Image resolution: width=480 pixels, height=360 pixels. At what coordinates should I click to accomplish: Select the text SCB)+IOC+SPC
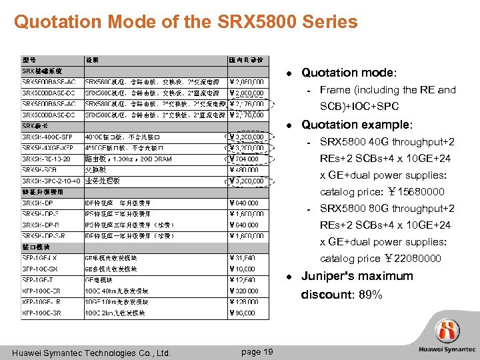point(359,107)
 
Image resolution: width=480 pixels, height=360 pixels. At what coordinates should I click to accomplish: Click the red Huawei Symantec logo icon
point(448,331)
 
